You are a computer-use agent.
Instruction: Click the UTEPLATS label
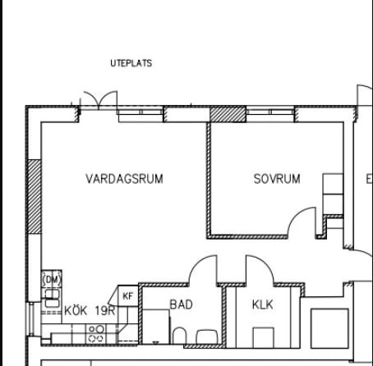pos(131,62)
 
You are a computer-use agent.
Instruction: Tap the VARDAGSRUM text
pos(124,179)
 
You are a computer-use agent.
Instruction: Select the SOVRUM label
pos(276,179)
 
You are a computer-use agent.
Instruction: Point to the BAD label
pos(181,304)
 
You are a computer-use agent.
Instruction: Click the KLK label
pos(262,304)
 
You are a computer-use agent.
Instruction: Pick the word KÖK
pos(76,311)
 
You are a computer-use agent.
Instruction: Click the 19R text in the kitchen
pos(104,311)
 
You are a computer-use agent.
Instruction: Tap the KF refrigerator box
pos(128,296)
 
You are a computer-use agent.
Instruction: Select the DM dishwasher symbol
pos(52,280)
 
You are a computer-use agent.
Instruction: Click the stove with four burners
pos(96,333)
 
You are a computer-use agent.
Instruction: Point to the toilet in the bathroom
pos(179,335)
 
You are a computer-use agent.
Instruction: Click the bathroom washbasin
pos(205,335)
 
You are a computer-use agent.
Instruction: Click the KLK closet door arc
pos(257,269)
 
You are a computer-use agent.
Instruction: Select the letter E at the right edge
pos(368,179)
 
